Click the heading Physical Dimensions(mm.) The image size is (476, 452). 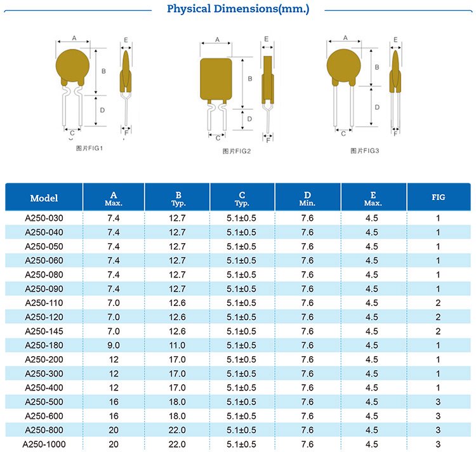point(238,9)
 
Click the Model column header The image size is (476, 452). point(44,198)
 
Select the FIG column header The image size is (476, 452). point(438,197)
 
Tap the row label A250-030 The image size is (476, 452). point(44,218)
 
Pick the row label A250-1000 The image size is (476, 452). point(44,444)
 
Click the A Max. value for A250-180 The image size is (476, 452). point(114,345)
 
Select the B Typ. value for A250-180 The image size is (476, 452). point(178,345)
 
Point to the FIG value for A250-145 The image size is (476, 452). point(438,331)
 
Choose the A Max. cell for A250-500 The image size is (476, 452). point(114,402)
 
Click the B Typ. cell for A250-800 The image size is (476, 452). point(178,430)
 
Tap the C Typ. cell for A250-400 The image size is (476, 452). point(242,388)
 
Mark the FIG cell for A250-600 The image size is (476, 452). point(438,416)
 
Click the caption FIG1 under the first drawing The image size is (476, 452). point(89,149)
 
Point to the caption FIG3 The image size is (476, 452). point(364,150)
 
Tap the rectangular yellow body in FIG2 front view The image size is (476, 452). point(218,79)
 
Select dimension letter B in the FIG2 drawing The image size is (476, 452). point(250,79)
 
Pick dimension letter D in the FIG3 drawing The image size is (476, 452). point(377,107)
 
